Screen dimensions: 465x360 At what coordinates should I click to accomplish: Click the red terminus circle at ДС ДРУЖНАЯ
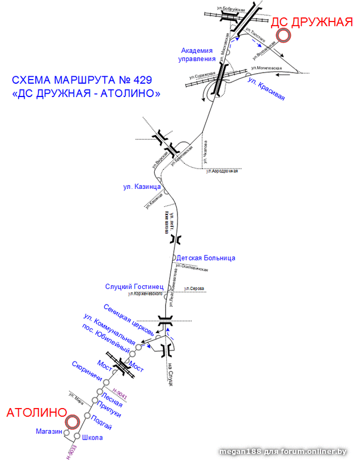tap(284, 36)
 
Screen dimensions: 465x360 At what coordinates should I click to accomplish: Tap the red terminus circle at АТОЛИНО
tap(72, 423)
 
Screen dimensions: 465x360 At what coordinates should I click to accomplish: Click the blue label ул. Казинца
tap(141, 187)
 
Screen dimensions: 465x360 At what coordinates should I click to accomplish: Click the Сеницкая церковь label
tap(129, 319)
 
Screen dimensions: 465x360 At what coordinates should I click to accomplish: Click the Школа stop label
tap(92, 437)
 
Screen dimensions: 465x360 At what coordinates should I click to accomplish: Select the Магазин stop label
tap(48, 431)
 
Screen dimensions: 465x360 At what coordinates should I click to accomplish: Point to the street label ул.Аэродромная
tap(222, 171)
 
